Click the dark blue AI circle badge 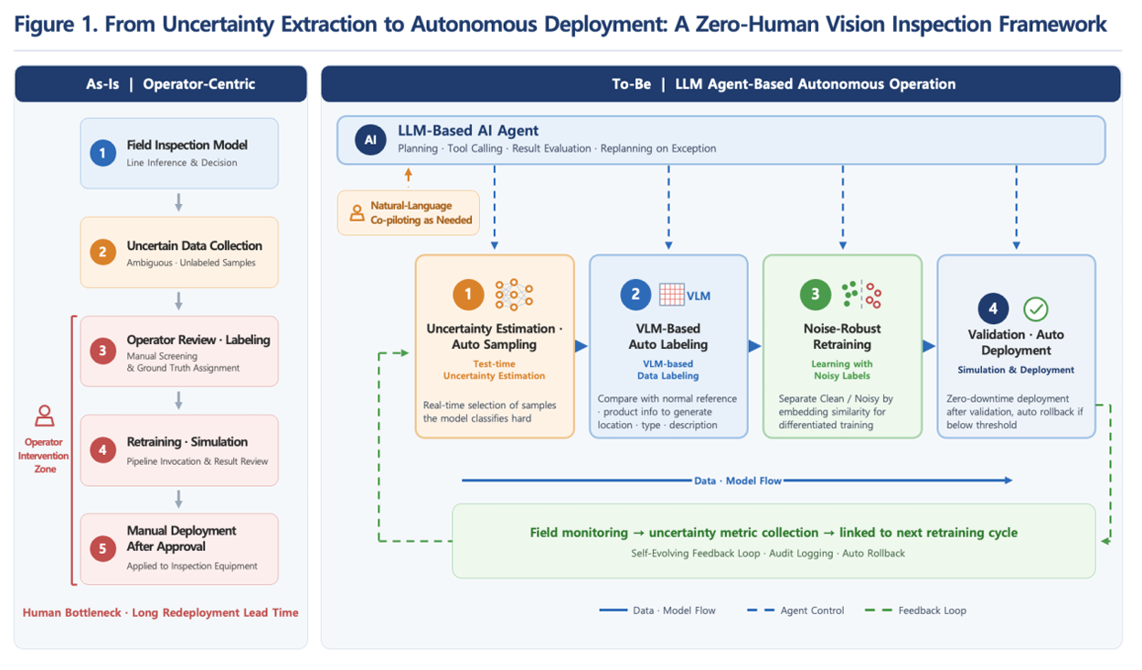click(370, 140)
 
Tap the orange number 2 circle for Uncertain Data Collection click(102, 252)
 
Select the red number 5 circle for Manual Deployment click(102, 548)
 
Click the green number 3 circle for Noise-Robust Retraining click(815, 295)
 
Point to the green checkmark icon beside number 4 click(1035, 308)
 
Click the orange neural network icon click(514, 295)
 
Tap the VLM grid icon click(671, 295)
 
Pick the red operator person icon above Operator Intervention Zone click(45, 416)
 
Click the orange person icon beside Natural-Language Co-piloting click(357, 213)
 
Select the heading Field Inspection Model click(187, 145)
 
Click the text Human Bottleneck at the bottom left click(72, 612)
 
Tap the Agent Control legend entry click(795, 611)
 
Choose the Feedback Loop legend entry click(915, 611)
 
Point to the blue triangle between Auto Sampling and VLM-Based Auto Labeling click(582, 346)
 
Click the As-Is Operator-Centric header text click(170, 83)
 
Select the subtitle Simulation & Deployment click(1016, 370)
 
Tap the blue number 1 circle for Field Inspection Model click(102, 153)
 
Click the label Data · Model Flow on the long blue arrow click(738, 481)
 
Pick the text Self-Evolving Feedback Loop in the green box click(696, 553)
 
